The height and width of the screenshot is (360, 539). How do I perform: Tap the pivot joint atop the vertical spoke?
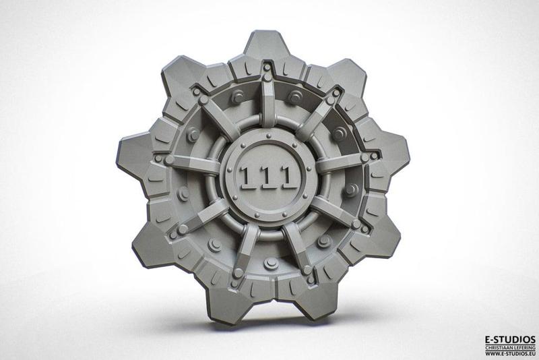(x=267, y=68)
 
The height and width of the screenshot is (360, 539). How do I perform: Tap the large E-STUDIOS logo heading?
(x=510, y=339)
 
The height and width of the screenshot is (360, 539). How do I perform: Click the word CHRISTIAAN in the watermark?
(x=501, y=347)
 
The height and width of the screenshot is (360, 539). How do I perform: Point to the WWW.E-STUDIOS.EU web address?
(x=510, y=355)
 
